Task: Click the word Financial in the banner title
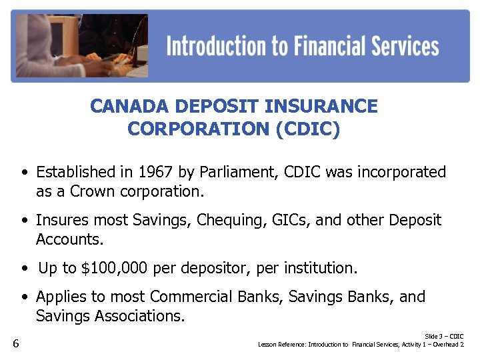[313, 46]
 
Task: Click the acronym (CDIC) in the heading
[307, 129]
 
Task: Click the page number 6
[15, 344]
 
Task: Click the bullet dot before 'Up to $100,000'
[24, 269]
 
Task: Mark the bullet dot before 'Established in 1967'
[24, 173]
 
